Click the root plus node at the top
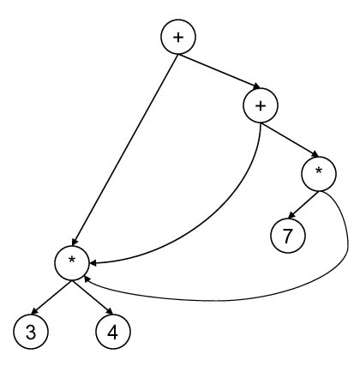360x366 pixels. pyautogui.click(x=178, y=37)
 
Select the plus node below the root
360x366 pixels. pyautogui.click(x=261, y=105)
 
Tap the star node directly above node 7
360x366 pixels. pyautogui.click(x=319, y=174)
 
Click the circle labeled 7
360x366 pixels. pyautogui.click(x=288, y=236)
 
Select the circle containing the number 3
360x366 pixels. pyautogui.click(x=31, y=332)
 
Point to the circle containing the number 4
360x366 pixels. pyautogui.click(x=113, y=332)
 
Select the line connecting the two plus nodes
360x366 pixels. pyautogui.click(x=219, y=72)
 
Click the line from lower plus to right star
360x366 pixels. pyautogui.click(x=289, y=140)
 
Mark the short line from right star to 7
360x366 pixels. pyautogui.click(x=303, y=205)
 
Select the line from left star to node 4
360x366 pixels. pyautogui.click(x=93, y=297)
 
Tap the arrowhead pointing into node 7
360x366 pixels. pyautogui.click(x=292, y=216)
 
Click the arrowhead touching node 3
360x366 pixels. pyautogui.click(x=35, y=311)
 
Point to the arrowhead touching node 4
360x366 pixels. pyautogui.click(x=110, y=311)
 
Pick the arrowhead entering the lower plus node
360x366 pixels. pyautogui.click(x=256, y=87)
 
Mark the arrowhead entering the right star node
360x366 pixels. pyautogui.click(x=315, y=154)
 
